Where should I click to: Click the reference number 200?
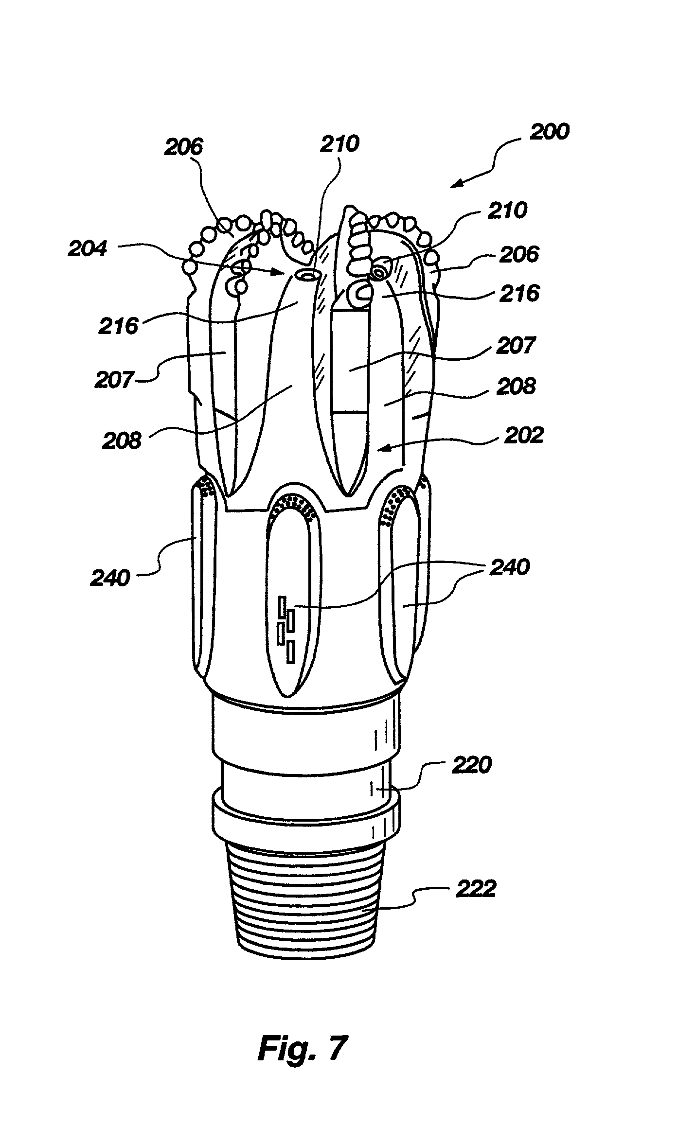click(x=549, y=132)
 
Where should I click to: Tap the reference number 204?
click(x=88, y=249)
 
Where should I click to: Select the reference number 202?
click(x=523, y=434)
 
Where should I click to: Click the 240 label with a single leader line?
click(x=110, y=578)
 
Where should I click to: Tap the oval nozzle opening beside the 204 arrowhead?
click(x=308, y=276)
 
